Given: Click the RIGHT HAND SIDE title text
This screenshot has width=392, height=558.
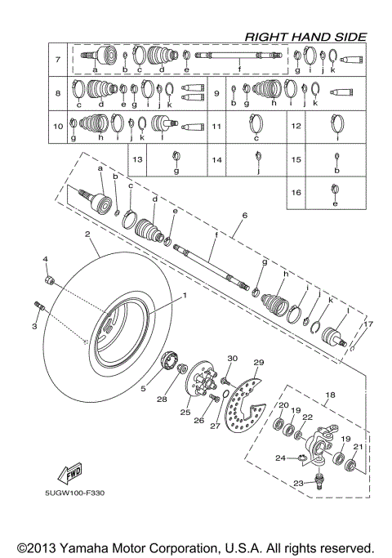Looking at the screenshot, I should (305, 36).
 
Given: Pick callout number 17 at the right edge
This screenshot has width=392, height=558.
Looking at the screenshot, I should (368, 324).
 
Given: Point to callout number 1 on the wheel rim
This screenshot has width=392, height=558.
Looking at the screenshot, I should (185, 295).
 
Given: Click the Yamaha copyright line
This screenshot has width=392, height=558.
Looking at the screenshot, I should (195, 547).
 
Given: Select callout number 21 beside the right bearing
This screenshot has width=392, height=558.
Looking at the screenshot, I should (357, 447).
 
